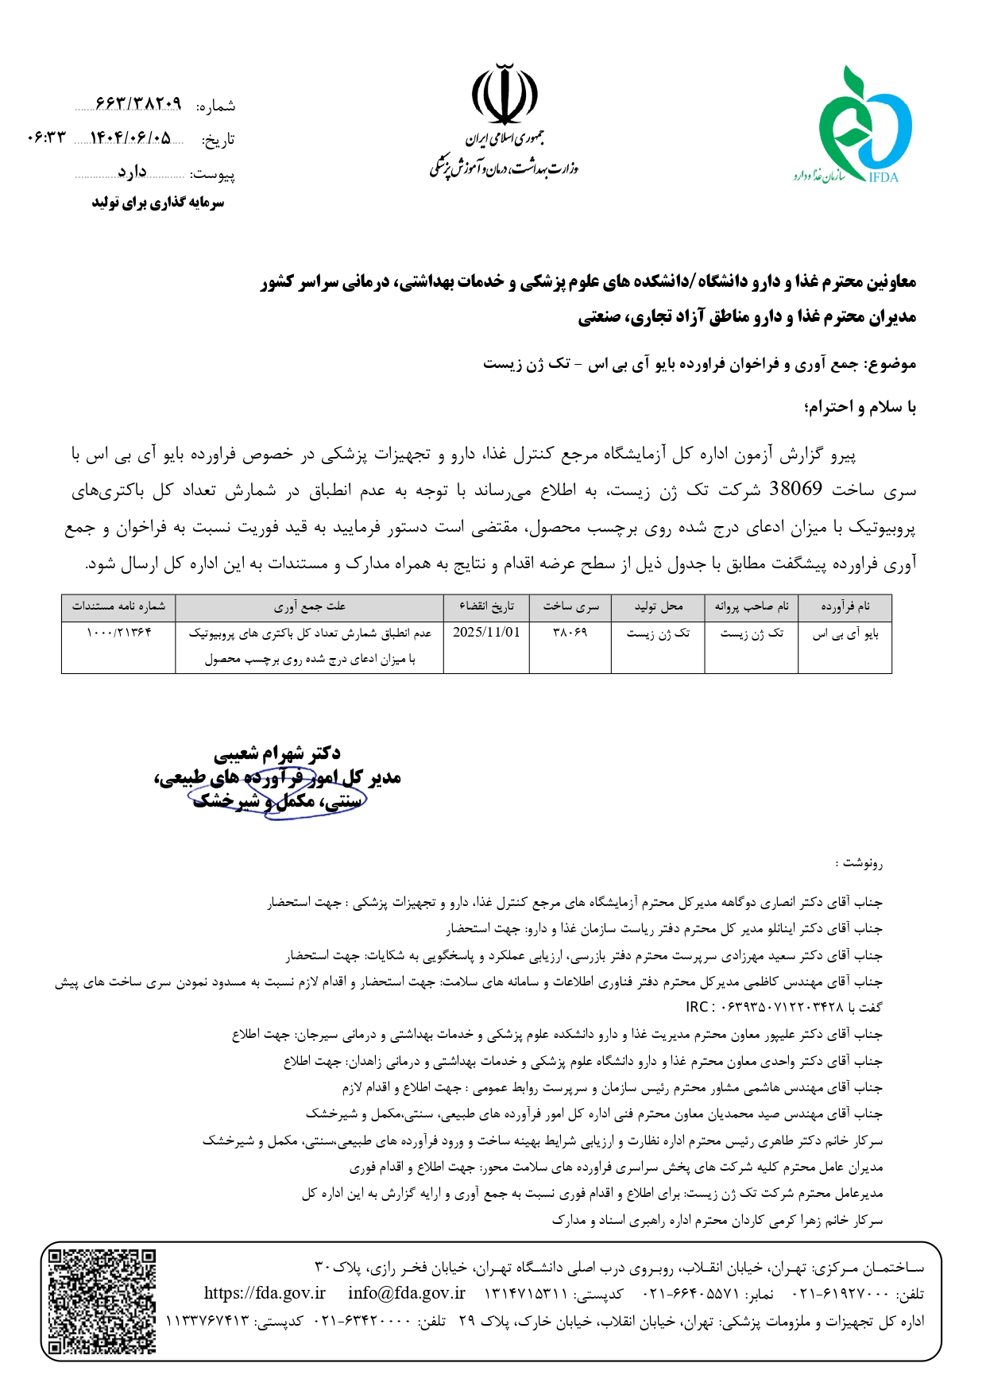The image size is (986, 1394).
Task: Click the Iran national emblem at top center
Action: (x=505, y=95)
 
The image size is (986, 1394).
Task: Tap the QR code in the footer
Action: (x=101, y=1301)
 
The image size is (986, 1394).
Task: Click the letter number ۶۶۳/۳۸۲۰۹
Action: (x=138, y=104)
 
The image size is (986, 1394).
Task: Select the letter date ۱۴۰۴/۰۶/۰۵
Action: (x=131, y=138)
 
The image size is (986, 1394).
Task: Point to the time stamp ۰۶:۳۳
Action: (x=46, y=138)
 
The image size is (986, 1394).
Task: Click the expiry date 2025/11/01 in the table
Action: (x=486, y=633)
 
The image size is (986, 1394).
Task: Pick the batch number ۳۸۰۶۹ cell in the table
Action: (x=570, y=633)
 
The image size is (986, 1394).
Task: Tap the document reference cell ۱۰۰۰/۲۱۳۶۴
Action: (x=118, y=633)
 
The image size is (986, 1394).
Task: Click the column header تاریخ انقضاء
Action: (x=486, y=607)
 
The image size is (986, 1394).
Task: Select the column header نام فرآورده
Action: (x=845, y=607)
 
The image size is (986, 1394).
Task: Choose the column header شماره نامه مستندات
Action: (x=118, y=607)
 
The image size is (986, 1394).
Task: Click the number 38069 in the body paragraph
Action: (x=795, y=490)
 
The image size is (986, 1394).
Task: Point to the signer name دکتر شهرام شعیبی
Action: (x=277, y=753)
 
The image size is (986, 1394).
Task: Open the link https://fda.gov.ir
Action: (x=265, y=1293)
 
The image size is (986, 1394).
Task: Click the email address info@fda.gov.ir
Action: (x=407, y=1293)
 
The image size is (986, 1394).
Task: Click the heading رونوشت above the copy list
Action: (x=859, y=863)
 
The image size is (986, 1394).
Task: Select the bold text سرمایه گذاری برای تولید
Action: (x=157, y=203)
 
